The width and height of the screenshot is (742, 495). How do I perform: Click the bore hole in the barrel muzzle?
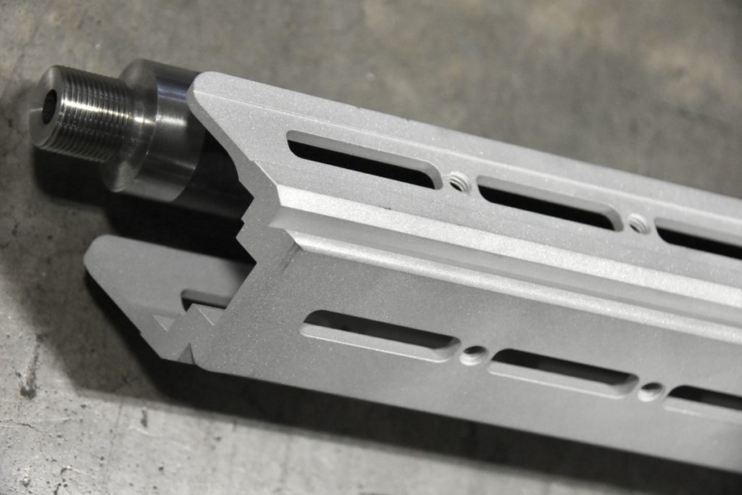point(49,106)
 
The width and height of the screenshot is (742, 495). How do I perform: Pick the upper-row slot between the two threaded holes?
point(547,204)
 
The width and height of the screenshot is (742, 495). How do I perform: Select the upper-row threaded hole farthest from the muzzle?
point(638,222)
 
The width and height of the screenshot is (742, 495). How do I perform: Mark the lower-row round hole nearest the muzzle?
point(474,354)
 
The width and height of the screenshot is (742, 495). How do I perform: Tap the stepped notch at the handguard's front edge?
point(254,217)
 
